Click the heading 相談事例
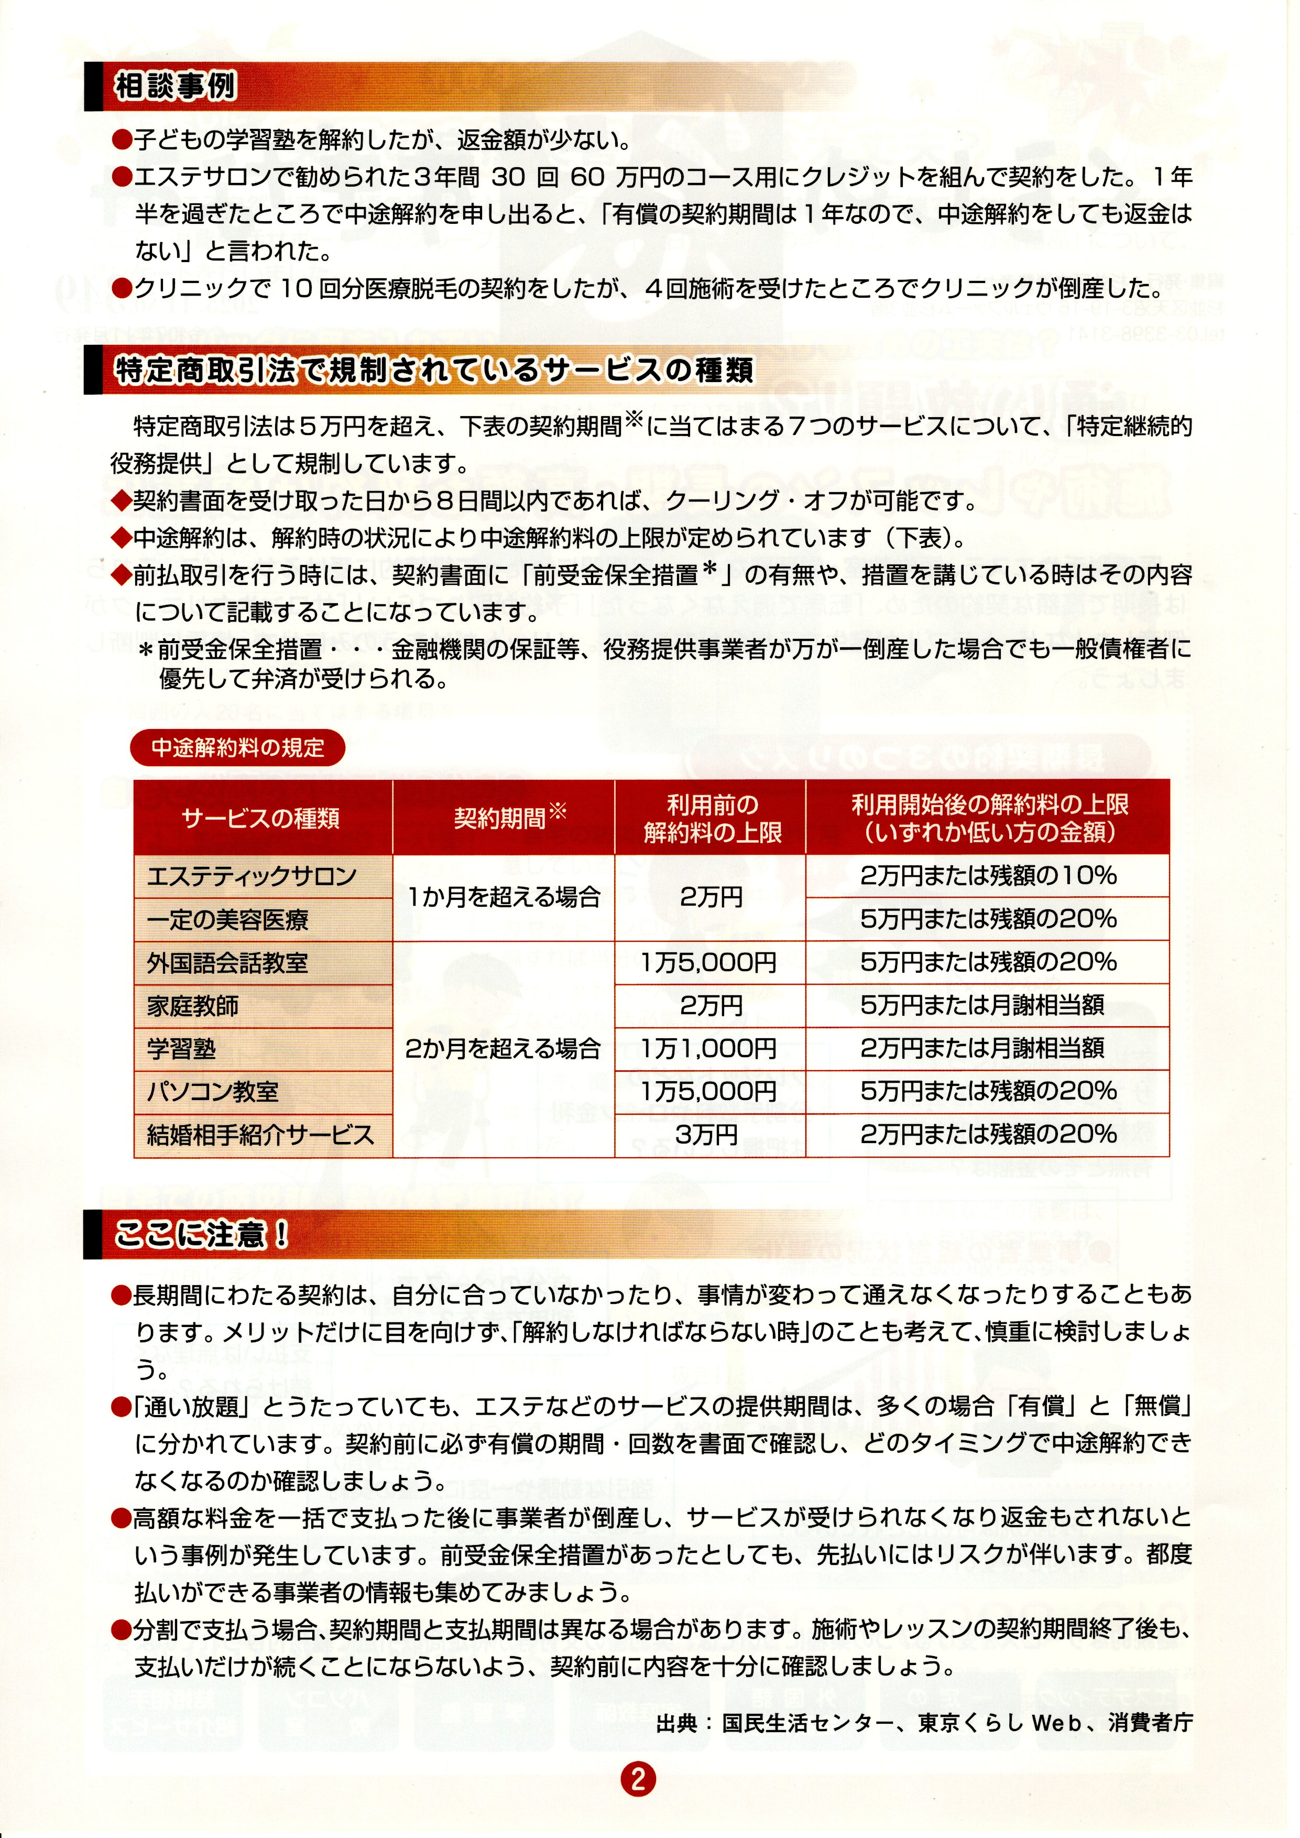tap(176, 86)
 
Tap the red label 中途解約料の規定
tap(238, 748)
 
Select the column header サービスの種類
tap(261, 818)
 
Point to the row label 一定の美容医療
tap(227, 920)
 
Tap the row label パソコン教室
tap(213, 1092)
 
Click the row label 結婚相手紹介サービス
tap(260, 1135)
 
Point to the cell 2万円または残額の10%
tap(988, 876)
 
